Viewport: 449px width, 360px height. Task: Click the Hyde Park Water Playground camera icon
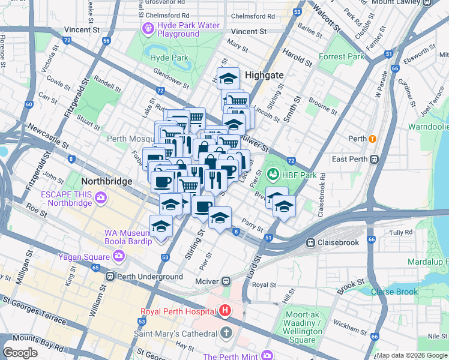[148, 28]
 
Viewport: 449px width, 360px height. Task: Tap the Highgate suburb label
[264, 75]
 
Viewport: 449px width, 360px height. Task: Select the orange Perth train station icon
[372, 139]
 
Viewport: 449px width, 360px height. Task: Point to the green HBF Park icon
[273, 175]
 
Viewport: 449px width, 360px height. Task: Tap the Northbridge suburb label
[97, 180]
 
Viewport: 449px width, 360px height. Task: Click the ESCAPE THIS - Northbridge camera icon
[100, 197]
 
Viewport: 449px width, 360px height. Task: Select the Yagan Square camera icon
[119, 256]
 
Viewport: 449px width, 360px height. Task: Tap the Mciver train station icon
[226, 280]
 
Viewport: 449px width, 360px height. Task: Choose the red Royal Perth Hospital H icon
[225, 311]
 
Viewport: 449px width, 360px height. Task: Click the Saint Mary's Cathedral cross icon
[226, 333]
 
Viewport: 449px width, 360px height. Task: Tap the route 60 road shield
[29, 104]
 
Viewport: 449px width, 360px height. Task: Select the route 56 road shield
[106, 41]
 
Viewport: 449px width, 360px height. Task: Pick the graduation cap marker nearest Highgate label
[228, 79]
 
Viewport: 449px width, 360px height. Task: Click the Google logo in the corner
[20, 352]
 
